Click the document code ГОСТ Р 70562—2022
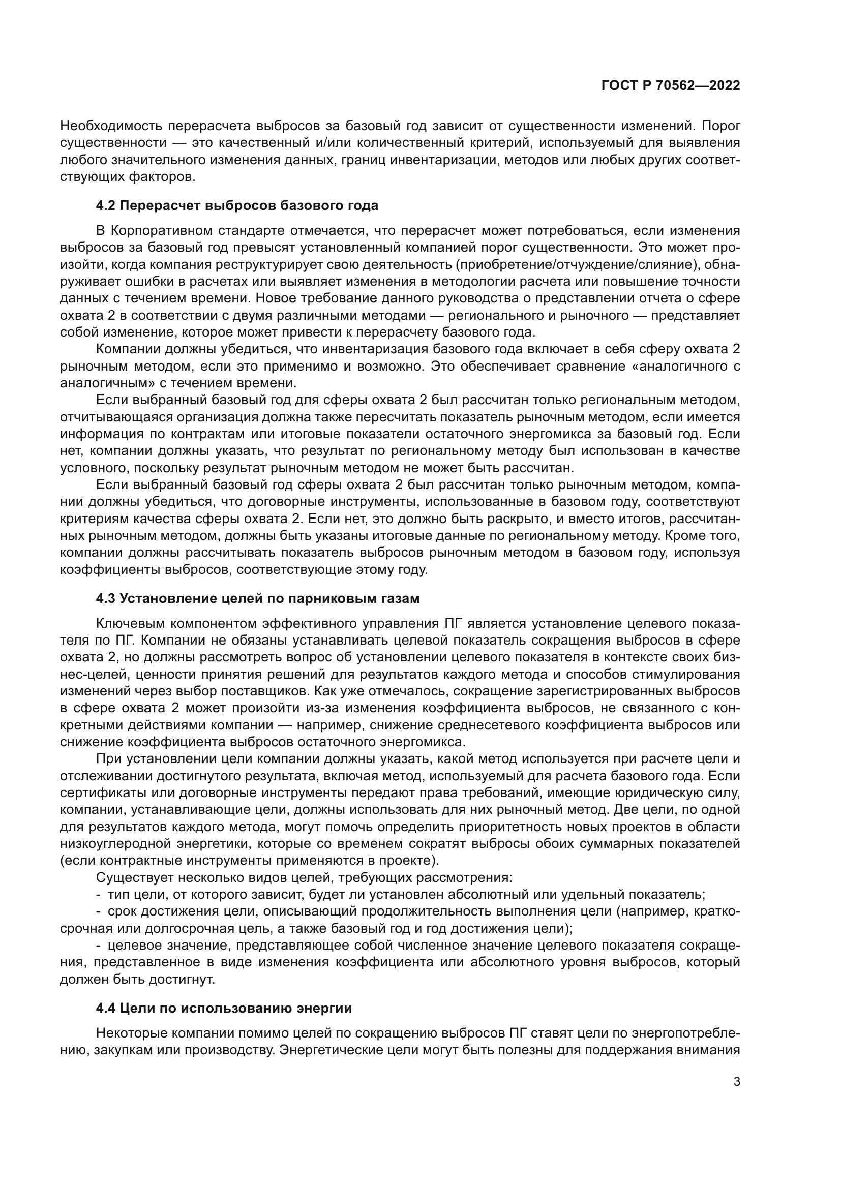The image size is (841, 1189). tap(671, 86)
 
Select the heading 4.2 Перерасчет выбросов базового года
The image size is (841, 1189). tap(236, 205)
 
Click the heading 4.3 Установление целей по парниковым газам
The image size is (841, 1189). tap(257, 599)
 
